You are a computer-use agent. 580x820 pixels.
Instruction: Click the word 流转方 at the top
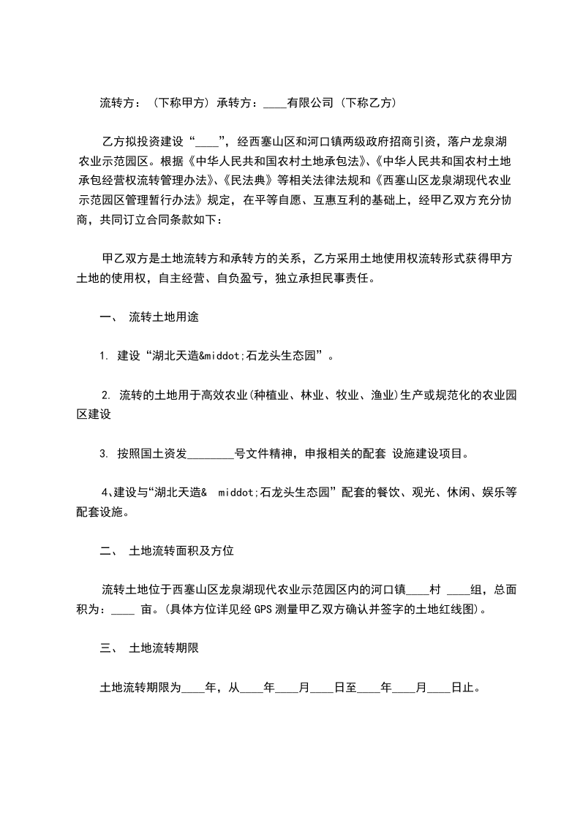(116, 103)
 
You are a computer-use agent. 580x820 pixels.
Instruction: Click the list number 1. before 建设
(105, 357)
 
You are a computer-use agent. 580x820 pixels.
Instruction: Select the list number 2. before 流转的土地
(106, 395)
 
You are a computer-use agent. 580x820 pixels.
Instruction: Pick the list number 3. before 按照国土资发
(104, 453)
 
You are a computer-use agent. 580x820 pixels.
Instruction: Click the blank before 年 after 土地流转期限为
(193, 688)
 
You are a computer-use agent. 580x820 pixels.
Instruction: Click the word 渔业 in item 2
(383, 395)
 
